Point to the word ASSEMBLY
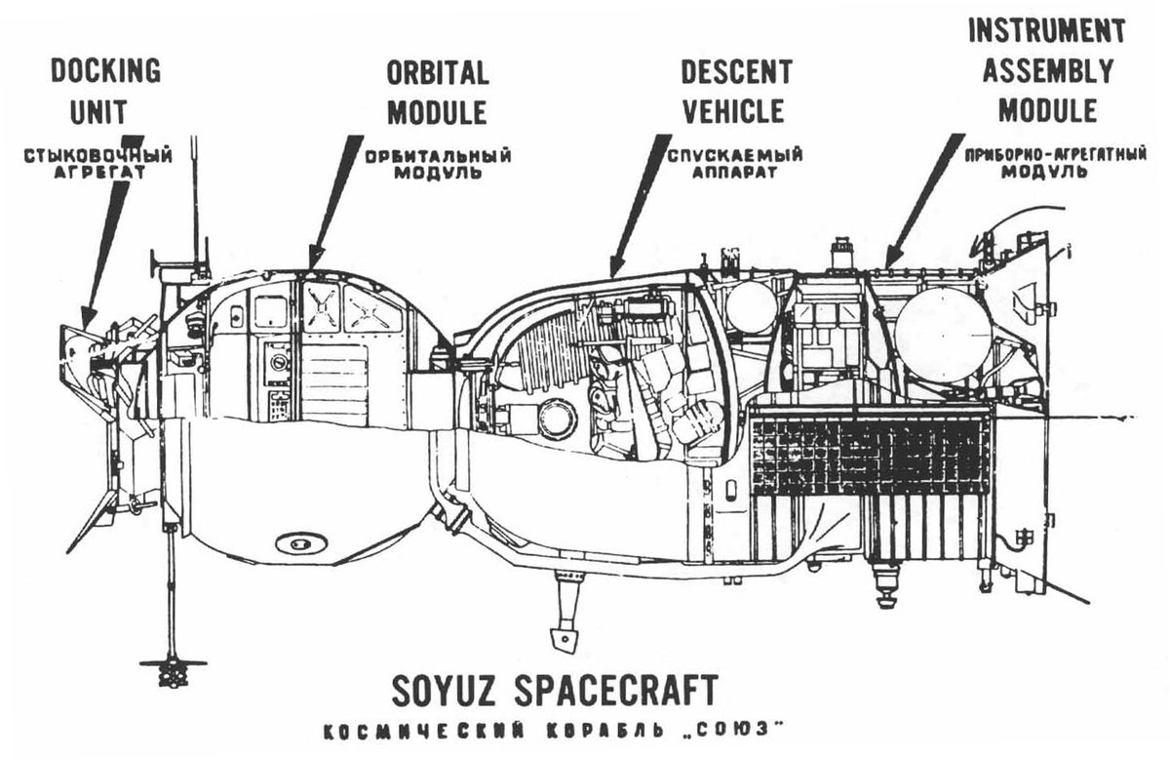pos(1047,70)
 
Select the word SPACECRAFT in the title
pos(617,690)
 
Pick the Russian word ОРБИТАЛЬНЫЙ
pos(438,155)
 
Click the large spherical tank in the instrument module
pos(943,335)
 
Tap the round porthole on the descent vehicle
pos(557,420)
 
